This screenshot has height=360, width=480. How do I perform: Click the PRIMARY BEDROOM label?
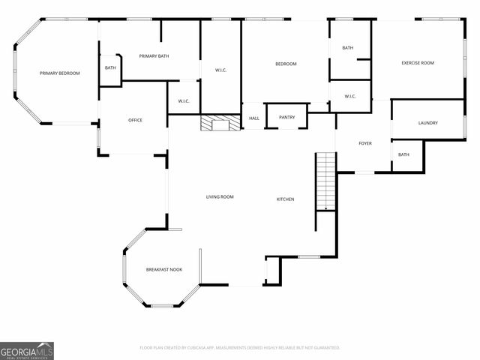click(x=59, y=73)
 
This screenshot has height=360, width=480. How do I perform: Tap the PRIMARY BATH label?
click(x=155, y=56)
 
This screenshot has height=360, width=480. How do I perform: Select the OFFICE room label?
click(x=135, y=120)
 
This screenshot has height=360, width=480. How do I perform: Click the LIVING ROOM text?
click(x=220, y=197)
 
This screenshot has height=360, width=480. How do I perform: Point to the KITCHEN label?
click(x=285, y=199)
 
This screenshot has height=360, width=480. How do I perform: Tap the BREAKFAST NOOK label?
click(x=163, y=269)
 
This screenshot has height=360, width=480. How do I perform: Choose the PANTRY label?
click(x=286, y=117)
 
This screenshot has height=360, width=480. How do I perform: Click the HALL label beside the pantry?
click(x=254, y=118)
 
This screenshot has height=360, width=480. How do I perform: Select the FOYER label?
click(x=365, y=142)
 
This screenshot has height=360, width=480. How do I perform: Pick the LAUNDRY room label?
click(x=428, y=123)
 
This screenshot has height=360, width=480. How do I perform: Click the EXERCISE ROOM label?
click(x=418, y=63)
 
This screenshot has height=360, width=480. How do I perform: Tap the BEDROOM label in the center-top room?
click(x=286, y=64)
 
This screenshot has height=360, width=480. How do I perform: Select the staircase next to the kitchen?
click(x=325, y=181)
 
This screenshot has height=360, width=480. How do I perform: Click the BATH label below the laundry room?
click(x=403, y=154)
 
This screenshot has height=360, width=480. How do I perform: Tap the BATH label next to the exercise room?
click(x=347, y=48)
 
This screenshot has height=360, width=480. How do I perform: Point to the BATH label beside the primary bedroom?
click(x=110, y=68)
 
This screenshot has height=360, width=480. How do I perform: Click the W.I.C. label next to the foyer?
click(x=349, y=96)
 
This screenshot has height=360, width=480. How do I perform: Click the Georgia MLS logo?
click(x=27, y=350)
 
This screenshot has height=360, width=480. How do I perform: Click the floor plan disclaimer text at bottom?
click(x=240, y=348)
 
